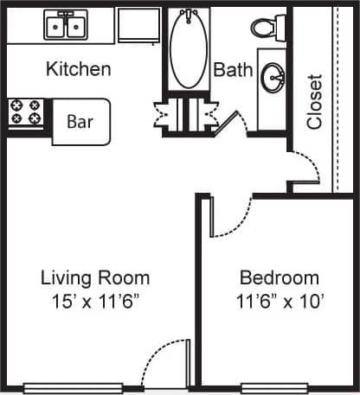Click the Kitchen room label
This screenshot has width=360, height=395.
tap(78, 69)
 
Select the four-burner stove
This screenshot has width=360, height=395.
tap(26, 113)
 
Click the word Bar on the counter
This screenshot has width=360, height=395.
tap(80, 121)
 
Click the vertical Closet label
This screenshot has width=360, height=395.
tap(314, 102)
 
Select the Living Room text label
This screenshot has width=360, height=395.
tap(95, 278)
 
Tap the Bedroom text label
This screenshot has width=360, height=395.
tap(279, 278)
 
